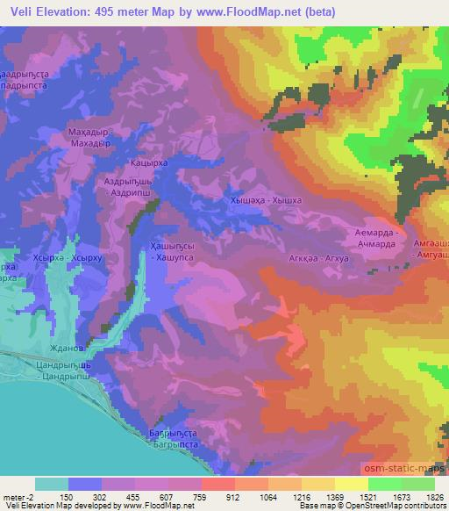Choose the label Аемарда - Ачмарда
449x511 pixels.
[x=378, y=236]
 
